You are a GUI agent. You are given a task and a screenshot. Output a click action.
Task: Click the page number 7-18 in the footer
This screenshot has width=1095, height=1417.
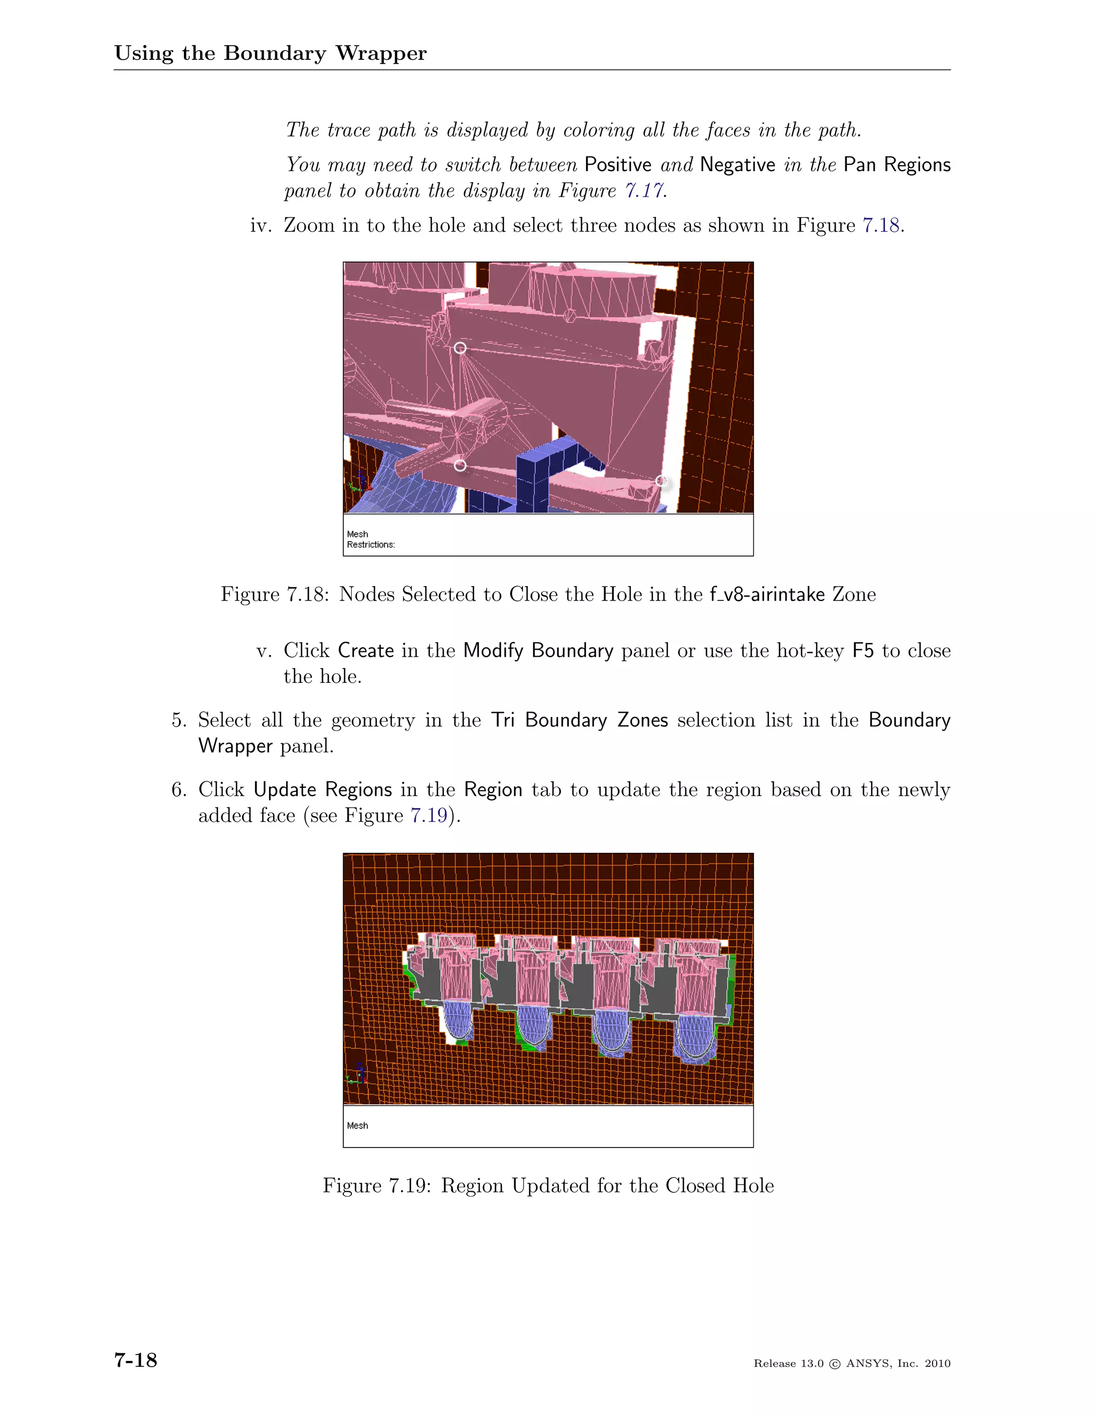pos(136,1360)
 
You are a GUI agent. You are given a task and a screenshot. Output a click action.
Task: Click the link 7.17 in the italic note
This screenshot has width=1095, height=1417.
pos(644,191)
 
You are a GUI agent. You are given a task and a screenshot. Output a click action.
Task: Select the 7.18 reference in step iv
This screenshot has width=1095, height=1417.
pos(880,225)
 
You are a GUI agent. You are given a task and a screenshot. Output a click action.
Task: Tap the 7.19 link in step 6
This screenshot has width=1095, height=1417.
pos(429,815)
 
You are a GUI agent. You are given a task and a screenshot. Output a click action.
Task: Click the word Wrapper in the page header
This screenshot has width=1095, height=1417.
pos(381,53)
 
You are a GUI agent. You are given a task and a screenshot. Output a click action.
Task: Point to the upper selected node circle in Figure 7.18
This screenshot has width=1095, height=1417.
pos(460,348)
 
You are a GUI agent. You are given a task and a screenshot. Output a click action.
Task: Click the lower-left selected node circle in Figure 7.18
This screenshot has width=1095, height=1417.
pos(460,465)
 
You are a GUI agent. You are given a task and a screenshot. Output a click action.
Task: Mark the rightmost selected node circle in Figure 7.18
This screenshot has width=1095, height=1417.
pos(661,481)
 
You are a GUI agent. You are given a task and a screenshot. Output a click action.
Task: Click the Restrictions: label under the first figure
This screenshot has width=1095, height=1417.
pos(371,544)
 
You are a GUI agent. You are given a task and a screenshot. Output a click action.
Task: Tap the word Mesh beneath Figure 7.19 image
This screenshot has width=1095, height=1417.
pos(358,1126)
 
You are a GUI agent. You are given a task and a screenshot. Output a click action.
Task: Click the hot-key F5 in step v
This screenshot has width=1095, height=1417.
pos(863,650)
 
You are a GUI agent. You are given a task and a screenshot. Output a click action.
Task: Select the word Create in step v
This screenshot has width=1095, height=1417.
pos(366,650)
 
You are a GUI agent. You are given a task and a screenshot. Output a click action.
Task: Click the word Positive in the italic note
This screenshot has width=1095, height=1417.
pos(618,165)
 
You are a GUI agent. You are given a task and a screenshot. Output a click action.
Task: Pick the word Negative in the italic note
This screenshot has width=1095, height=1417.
pos(737,165)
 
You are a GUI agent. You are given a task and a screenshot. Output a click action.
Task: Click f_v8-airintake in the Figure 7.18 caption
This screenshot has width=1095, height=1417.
pos(767,594)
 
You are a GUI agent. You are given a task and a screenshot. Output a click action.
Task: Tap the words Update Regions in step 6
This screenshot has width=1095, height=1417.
pos(322,790)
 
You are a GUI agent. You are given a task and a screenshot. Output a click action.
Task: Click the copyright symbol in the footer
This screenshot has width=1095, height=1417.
pos(835,1364)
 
